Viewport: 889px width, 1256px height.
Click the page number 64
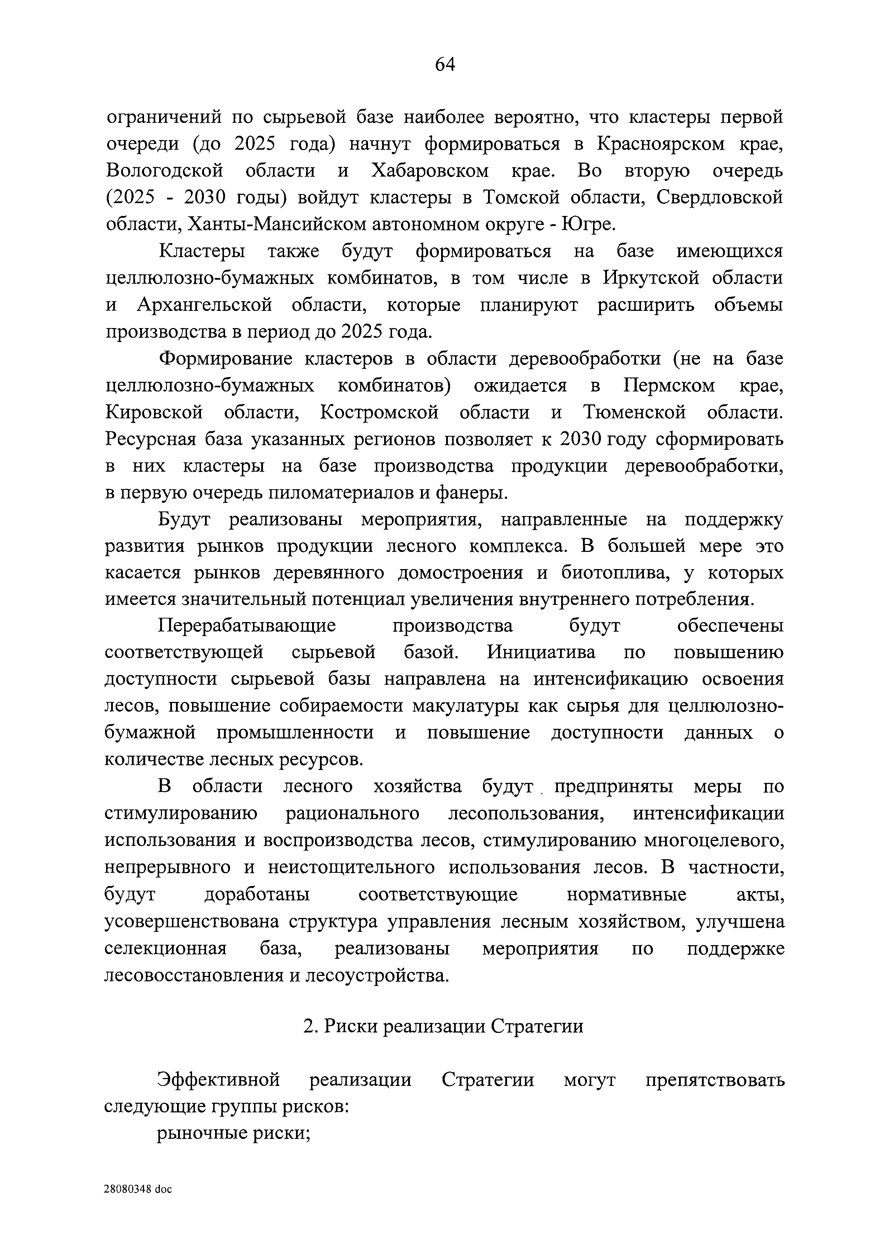point(444,65)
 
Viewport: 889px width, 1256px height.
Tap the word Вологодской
point(164,171)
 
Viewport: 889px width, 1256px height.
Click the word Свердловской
point(719,197)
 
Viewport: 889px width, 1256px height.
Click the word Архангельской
point(204,305)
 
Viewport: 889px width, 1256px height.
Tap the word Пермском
point(669,386)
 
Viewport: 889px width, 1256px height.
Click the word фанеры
point(471,493)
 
